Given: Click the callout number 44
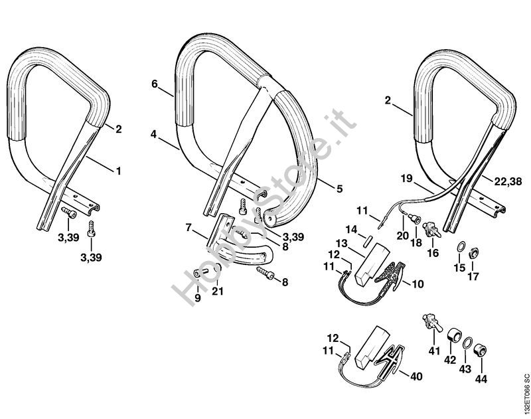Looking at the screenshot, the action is coord(481,378).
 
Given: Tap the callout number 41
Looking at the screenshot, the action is coord(435,351).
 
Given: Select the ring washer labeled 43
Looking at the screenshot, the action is coord(467,343).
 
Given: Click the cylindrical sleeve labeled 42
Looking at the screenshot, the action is coord(454,336).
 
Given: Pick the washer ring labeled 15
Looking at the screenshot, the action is coord(461,247).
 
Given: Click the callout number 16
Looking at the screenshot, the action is coord(433,253).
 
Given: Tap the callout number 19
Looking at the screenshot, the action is coord(407,178).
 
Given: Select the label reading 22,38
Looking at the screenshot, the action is coord(508,182).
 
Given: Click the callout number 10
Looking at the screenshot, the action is coord(417,284).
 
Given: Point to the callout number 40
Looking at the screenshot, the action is coord(416,377).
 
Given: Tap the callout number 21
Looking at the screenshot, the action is coord(218,291).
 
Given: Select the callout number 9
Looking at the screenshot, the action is coord(198,298).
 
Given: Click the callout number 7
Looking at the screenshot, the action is coord(189,228).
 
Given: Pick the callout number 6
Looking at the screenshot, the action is coord(155,84).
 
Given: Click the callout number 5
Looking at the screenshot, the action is coord(339,189).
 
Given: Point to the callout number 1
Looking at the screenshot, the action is coord(119,171).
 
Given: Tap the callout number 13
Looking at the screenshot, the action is coord(342,243).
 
